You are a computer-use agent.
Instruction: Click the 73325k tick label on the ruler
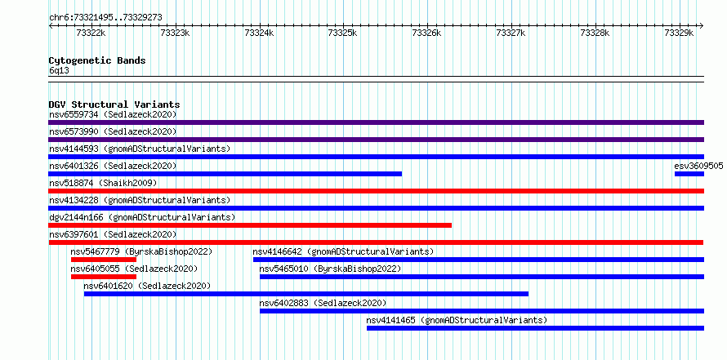(x=342, y=33)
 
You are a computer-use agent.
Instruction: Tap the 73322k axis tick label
(x=91, y=33)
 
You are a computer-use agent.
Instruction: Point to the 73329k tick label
(x=679, y=33)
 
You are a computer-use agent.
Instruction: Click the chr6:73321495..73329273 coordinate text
(x=105, y=18)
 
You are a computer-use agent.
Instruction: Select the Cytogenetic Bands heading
(x=97, y=60)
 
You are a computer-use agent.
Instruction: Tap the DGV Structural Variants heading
(x=114, y=104)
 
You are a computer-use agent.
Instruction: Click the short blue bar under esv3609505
(x=689, y=174)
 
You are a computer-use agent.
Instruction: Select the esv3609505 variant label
(x=698, y=166)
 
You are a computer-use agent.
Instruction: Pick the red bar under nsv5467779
(x=104, y=260)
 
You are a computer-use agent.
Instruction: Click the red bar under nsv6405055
(x=104, y=277)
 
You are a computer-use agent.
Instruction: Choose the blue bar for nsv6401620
(x=306, y=294)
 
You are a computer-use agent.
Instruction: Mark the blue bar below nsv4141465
(x=535, y=328)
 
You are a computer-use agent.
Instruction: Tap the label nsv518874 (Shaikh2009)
(x=104, y=183)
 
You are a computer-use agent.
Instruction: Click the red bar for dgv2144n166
(x=250, y=225)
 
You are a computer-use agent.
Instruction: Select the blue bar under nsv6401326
(x=225, y=174)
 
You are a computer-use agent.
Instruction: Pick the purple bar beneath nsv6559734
(x=376, y=122)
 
